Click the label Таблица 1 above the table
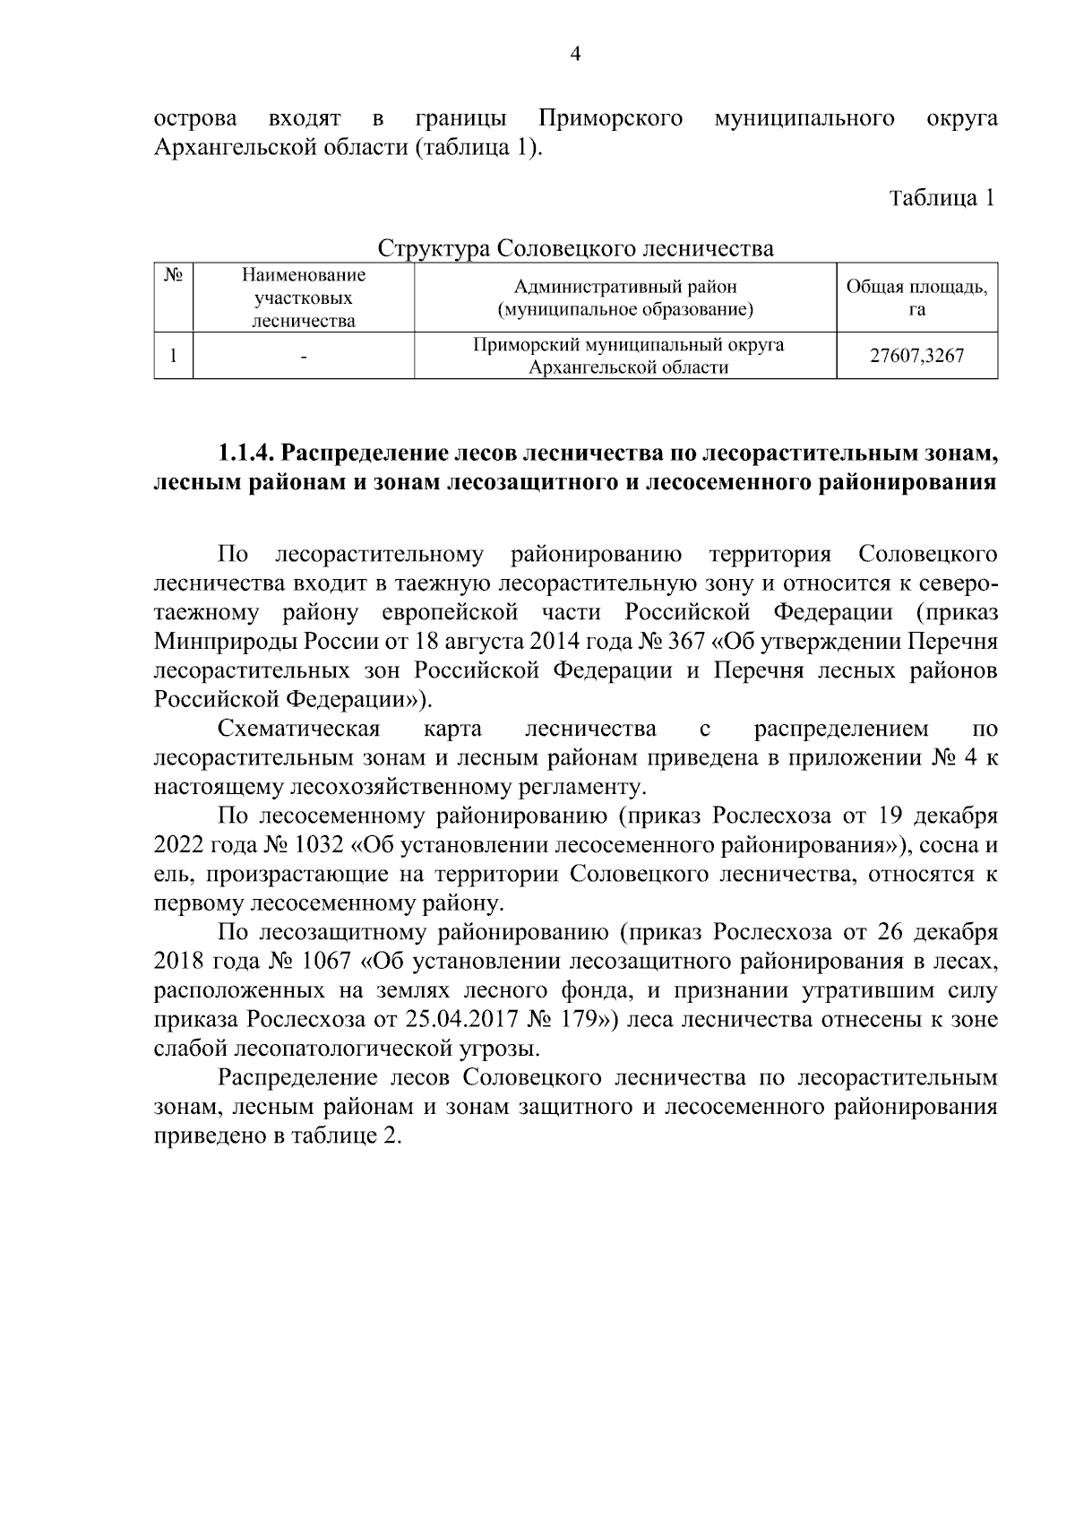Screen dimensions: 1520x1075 (x=942, y=198)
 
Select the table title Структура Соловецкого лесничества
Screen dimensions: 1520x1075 (x=575, y=247)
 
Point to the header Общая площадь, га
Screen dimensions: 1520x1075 (x=916, y=298)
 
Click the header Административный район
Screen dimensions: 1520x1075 (x=624, y=287)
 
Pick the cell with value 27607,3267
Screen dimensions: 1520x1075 (x=916, y=356)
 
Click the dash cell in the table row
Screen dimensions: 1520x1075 (x=304, y=357)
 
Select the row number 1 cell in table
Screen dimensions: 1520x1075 (x=173, y=356)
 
